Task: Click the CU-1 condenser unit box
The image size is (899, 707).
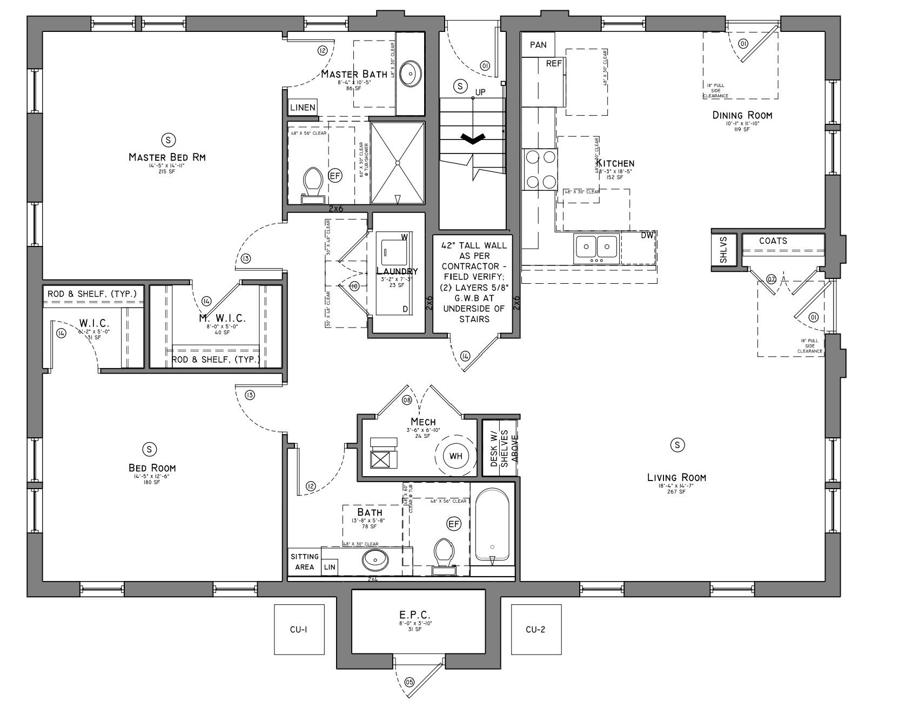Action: [x=299, y=630]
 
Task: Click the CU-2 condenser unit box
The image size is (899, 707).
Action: [x=536, y=630]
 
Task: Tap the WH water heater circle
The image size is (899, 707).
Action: [x=455, y=456]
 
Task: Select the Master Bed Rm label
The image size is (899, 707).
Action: [x=167, y=157]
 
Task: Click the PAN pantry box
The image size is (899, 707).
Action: [x=538, y=45]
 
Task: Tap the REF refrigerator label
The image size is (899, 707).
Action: [x=554, y=64]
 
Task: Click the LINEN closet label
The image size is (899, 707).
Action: [x=303, y=108]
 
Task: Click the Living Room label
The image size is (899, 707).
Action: [x=676, y=477]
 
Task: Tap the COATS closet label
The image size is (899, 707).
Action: [x=773, y=241]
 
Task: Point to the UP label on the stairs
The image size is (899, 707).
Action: [x=480, y=92]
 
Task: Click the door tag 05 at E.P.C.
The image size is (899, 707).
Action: [x=409, y=682]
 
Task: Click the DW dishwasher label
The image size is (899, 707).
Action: [x=647, y=236]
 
